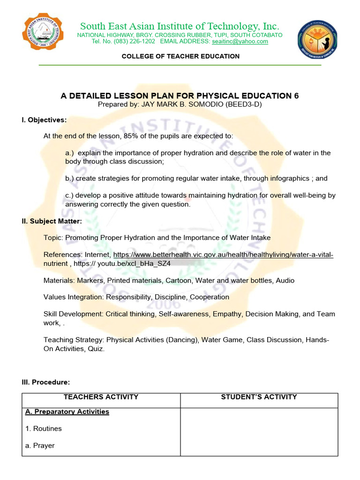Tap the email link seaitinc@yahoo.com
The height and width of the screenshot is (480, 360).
(x=240, y=41)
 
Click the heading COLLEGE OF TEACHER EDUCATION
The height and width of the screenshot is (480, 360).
(x=180, y=56)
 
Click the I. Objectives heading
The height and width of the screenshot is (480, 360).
(x=44, y=120)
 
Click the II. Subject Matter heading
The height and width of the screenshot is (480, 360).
(x=52, y=221)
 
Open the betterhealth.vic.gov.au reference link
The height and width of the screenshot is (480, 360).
(x=223, y=255)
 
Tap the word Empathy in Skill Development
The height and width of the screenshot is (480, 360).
(x=227, y=314)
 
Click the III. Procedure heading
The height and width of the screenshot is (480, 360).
(x=46, y=382)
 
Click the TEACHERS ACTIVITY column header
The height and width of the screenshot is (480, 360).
(x=101, y=397)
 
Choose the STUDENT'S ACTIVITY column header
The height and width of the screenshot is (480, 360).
(x=259, y=397)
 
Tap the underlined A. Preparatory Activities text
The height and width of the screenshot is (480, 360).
(x=67, y=412)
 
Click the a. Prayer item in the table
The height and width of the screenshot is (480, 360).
(x=40, y=445)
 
